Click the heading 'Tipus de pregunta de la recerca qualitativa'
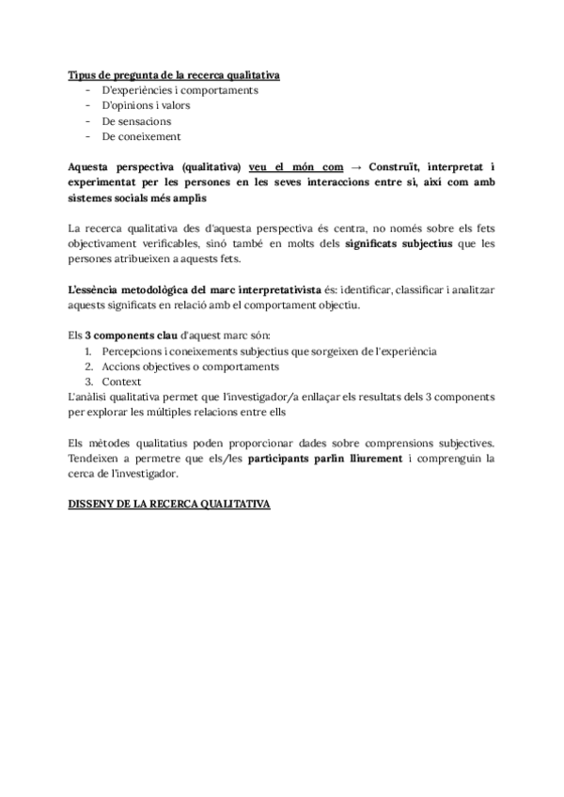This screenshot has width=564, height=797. [174, 74]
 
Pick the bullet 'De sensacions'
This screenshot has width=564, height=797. [136, 121]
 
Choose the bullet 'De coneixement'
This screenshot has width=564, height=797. [141, 136]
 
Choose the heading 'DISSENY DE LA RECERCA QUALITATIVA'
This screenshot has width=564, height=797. [169, 504]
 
